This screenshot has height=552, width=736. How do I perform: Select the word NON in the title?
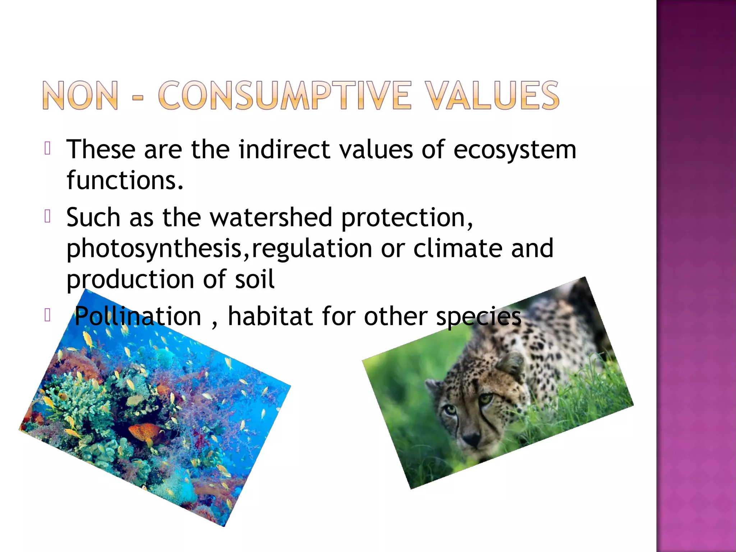[80, 95]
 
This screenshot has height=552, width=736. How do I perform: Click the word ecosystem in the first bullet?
[515, 149]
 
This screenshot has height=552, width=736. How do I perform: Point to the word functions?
[124, 180]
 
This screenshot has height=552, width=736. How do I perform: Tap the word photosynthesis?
[154, 249]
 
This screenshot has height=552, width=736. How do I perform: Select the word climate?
[457, 248]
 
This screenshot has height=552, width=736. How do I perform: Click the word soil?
[255, 279]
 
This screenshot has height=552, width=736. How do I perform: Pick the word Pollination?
[137, 316]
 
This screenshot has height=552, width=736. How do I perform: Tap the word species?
[478, 317]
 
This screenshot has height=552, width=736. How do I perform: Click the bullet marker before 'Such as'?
[47, 216]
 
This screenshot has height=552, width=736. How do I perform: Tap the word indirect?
[284, 149]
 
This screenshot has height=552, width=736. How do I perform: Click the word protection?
[406, 218]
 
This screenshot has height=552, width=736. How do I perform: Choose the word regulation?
[312, 249]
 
